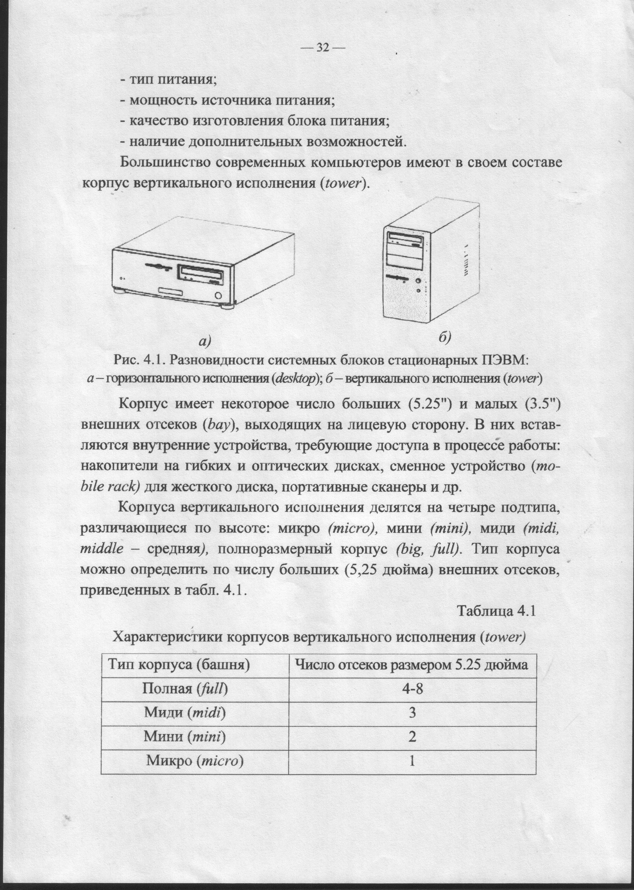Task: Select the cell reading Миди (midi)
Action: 185,713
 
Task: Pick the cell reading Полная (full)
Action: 185,689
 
